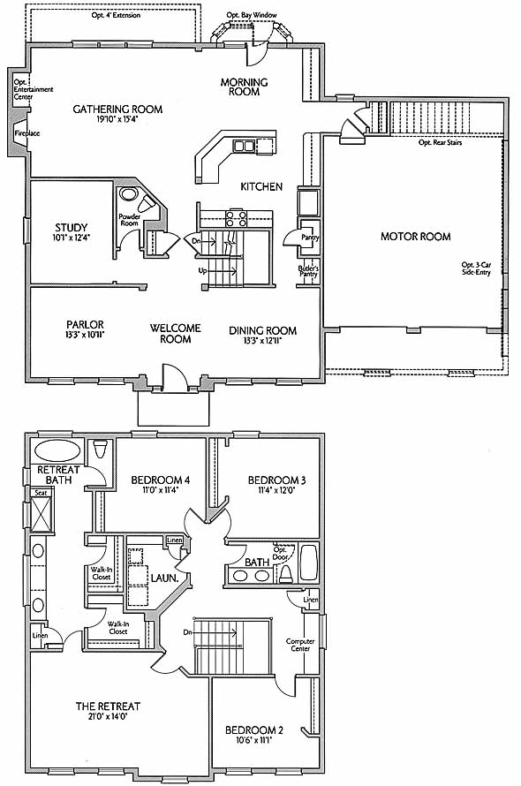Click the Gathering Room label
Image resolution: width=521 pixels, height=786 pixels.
[x=117, y=109]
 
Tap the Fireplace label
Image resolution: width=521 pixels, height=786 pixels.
[x=27, y=133]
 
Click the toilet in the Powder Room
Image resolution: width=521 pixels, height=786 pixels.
[x=147, y=203]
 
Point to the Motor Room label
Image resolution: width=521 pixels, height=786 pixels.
[x=416, y=237]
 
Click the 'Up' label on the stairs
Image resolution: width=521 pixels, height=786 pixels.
[x=202, y=271]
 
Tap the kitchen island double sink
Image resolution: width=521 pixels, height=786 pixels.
[x=244, y=146]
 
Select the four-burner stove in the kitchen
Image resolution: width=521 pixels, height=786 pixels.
[x=236, y=218]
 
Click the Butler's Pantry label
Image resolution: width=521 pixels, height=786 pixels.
[x=308, y=271]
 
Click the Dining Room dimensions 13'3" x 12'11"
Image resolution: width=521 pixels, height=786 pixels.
[x=263, y=341]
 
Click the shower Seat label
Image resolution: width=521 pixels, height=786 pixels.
[x=41, y=493]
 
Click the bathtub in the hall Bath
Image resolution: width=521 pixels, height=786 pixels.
[x=308, y=563]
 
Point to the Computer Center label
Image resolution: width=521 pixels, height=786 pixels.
[x=300, y=645]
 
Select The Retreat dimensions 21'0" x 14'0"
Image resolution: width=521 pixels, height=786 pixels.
[x=108, y=716]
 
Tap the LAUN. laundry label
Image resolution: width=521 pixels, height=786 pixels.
[x=165, y=578]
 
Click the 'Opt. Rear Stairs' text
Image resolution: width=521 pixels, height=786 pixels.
[x=441, y=142]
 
